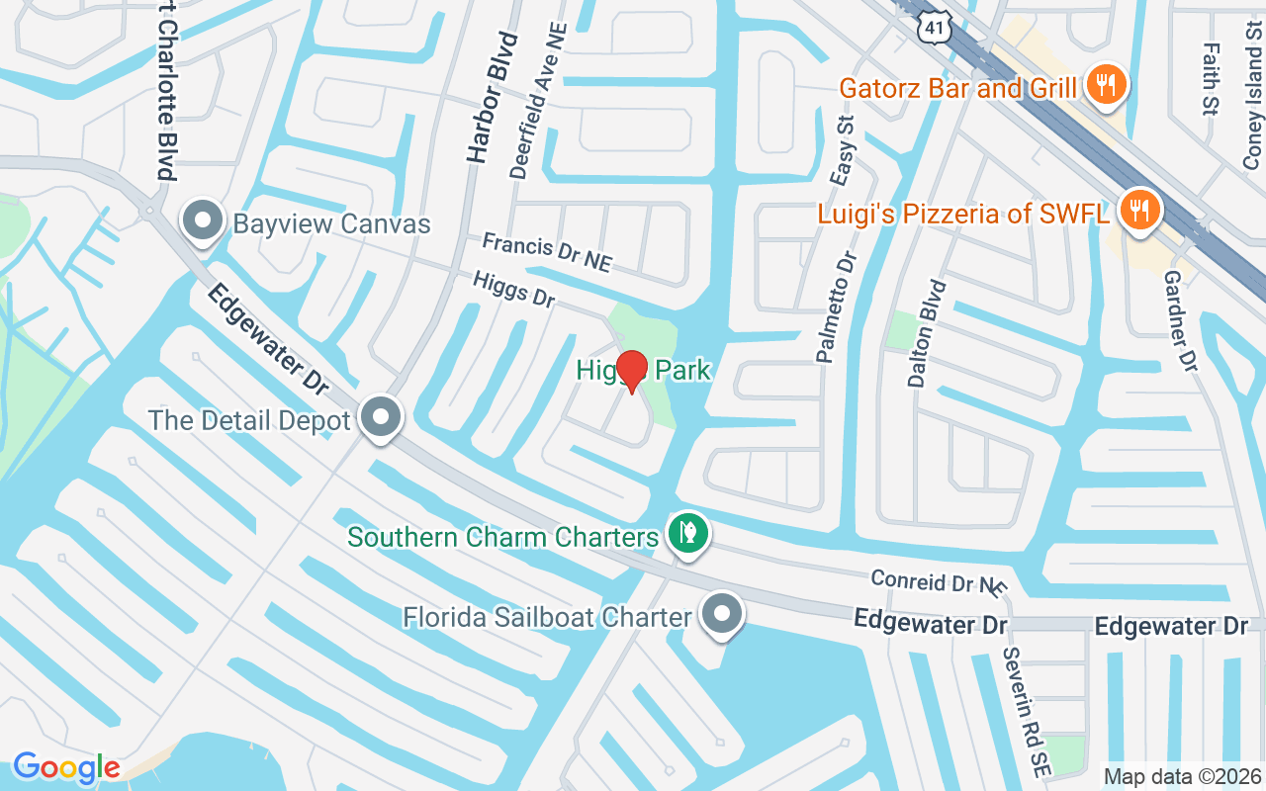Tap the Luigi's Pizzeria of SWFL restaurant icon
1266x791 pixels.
pyautogui.click(x=1138, y=210)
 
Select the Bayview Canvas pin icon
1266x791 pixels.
pyautogui.click(x=204, y=221)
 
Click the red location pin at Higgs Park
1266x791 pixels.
pyautogui.click(x=631, y=370)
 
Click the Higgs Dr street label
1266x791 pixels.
pyautogui.click(x=513, y=289)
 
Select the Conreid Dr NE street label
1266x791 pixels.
pyautogui.click(x=938, y=582)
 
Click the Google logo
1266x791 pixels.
pyautogui.click(x=66, y=767)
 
